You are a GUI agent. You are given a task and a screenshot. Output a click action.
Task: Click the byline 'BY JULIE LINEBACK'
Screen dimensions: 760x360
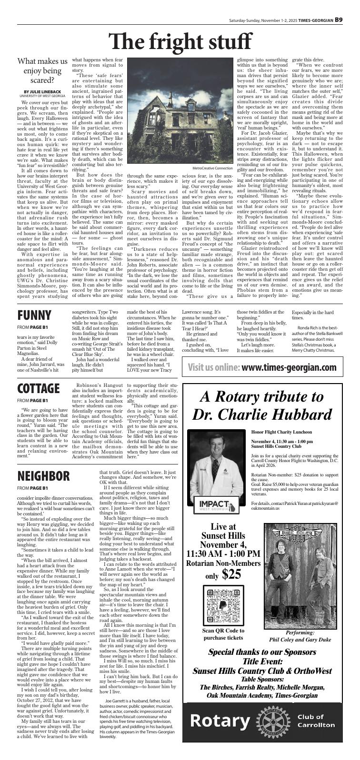click(x=42, y=91)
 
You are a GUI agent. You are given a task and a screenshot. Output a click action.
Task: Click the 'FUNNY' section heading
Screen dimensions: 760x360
click(x=34, y=315)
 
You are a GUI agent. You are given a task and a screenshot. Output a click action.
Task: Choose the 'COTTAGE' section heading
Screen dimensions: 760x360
click(x=39, y=389)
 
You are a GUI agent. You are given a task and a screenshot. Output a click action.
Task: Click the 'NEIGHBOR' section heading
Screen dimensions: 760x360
click(x=43, y=475)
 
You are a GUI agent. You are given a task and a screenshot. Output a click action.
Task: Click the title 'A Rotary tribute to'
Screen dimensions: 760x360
click(x=261, y=395)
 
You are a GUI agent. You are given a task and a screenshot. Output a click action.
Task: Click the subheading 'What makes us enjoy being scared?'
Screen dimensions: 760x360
click(x=42, y=70)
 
